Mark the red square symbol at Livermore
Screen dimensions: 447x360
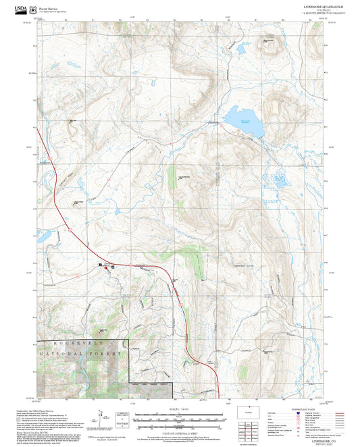tap(105, 267)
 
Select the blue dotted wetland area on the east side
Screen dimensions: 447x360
tap(280, 179)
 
